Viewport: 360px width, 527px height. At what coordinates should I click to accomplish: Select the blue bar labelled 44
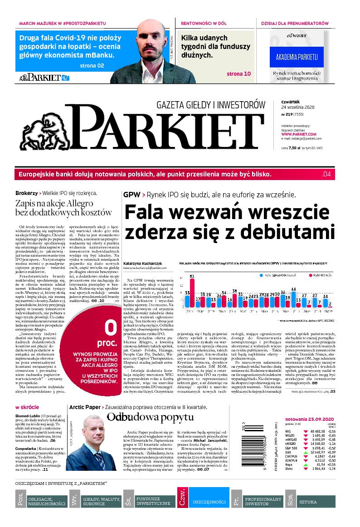(293, 298)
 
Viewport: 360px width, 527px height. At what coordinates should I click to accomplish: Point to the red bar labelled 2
(331, 306)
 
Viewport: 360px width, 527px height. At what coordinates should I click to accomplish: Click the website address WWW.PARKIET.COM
(298, 134)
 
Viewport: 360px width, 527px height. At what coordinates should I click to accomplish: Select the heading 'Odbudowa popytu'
(144, 417)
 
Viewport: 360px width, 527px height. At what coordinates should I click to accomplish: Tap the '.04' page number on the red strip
(326, 174)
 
